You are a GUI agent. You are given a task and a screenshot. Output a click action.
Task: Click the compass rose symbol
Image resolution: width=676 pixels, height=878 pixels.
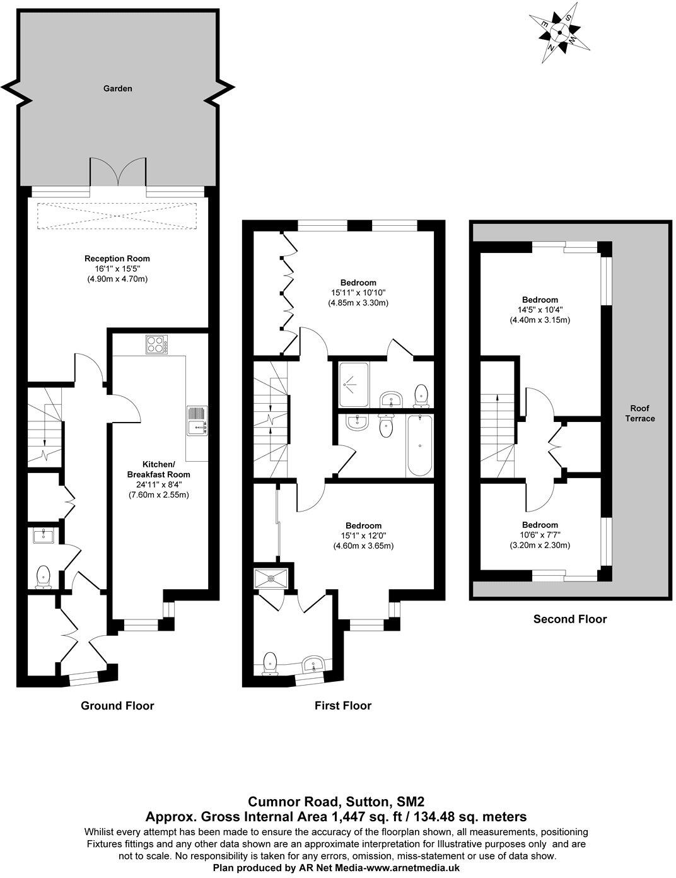559,33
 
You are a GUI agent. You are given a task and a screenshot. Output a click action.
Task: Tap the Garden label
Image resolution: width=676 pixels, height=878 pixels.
118,89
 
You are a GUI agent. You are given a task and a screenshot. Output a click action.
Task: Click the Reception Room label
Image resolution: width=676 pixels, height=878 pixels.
117,259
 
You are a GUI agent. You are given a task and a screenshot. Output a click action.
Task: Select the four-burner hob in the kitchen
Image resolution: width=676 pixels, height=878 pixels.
155,344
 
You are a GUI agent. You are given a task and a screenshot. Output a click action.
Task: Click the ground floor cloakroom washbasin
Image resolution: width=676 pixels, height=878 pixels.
44,536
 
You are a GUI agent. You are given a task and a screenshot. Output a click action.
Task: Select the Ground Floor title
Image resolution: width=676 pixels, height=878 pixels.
117,705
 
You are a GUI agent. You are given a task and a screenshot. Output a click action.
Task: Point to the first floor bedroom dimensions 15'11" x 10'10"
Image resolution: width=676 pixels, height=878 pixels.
358,293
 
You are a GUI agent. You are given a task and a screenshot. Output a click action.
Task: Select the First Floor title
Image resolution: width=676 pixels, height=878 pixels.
343,705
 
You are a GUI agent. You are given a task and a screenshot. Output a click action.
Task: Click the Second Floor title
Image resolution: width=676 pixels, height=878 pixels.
570,619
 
